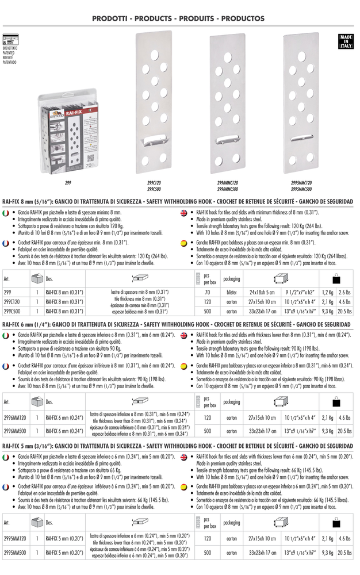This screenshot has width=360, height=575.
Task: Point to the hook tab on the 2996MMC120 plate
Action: [x=227, y=140]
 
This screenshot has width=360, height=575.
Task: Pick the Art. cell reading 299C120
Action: [x=12, y=302]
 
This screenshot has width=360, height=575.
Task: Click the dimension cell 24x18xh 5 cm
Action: [x=262, y=292]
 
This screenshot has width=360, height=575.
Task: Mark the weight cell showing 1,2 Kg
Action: [x=327, y=292]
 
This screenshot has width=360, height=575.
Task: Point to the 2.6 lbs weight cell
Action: [x=345, y=292]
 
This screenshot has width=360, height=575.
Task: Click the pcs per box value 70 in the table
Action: [x=207, y=292]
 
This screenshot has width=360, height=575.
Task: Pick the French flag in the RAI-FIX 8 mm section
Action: [x=6, y=244]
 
